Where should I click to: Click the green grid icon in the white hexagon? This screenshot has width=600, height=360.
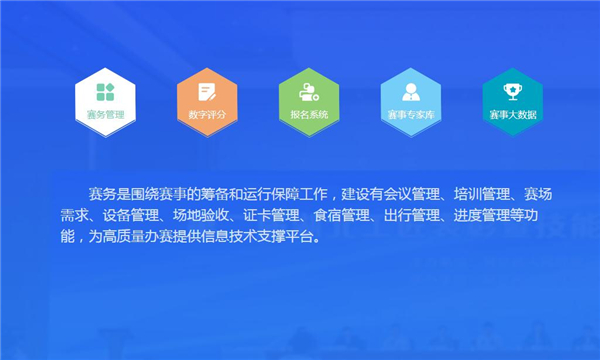[105, 91]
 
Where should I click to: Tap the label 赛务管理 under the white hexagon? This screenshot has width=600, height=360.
[105, 115]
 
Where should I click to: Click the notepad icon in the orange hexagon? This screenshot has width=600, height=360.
[207, 91]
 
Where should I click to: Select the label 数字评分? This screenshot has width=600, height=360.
[207, 115]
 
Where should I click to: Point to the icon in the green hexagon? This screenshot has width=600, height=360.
[309, 91]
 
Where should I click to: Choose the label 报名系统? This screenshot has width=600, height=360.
[309, 115]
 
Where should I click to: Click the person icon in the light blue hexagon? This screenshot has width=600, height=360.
[411, 91]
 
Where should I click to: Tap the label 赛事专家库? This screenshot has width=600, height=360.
[411, 115]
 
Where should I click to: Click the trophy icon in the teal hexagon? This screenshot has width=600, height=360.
[513, 91]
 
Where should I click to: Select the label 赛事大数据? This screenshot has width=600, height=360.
[513, 115]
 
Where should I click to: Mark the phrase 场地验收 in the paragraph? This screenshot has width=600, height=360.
[204, 214]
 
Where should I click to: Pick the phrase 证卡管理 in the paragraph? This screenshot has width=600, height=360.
[274, 214]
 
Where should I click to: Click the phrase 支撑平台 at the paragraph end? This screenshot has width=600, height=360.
[288, 237]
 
